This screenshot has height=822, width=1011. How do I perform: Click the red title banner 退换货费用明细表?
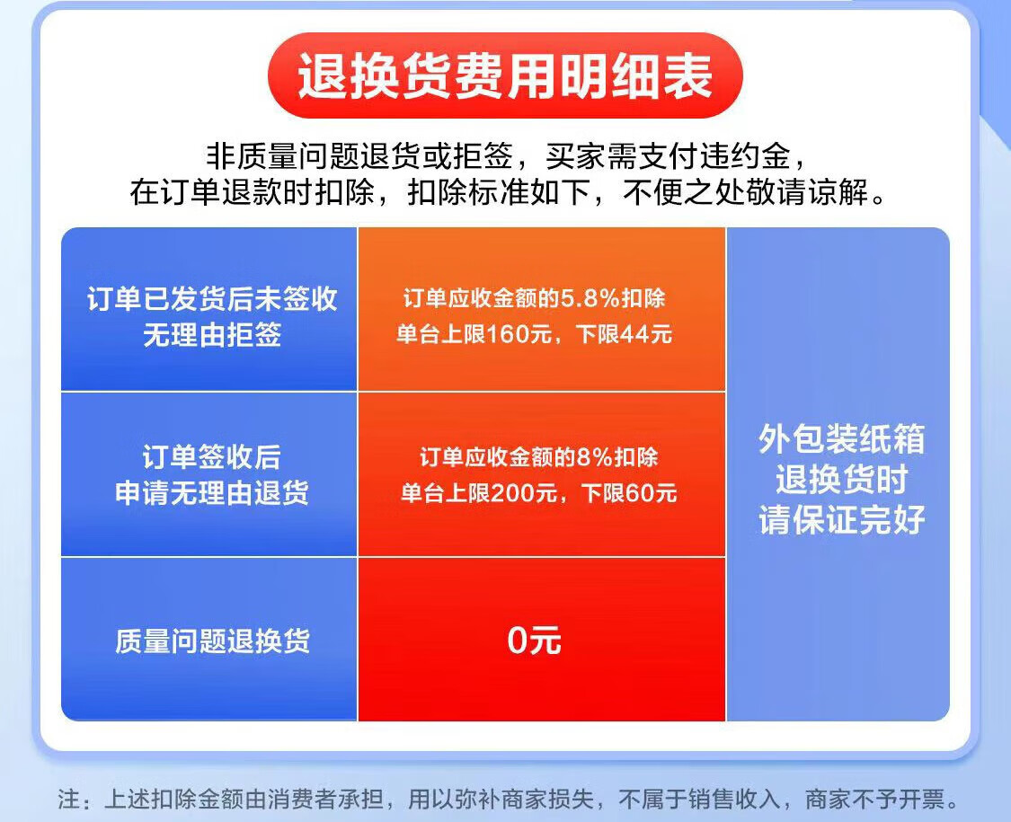(505, 75)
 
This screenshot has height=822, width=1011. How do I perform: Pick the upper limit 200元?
(523, 493)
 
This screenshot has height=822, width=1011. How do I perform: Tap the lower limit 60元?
(652, 493)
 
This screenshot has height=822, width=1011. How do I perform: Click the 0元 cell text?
(534, 641)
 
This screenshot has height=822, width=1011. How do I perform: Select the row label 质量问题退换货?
(212, 641)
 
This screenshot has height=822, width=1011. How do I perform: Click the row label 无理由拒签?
(212, 334)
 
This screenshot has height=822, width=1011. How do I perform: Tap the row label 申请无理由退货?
(212, 493)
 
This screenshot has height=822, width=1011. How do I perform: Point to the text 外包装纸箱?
(841, 439)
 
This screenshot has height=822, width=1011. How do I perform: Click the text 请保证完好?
(841, 519)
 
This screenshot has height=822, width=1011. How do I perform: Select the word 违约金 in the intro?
(745, 156)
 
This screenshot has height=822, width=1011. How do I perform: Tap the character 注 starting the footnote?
(69, 800)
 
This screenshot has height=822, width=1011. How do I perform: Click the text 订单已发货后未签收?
(212, 299)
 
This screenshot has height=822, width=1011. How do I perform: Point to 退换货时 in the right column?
(841, 480)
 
